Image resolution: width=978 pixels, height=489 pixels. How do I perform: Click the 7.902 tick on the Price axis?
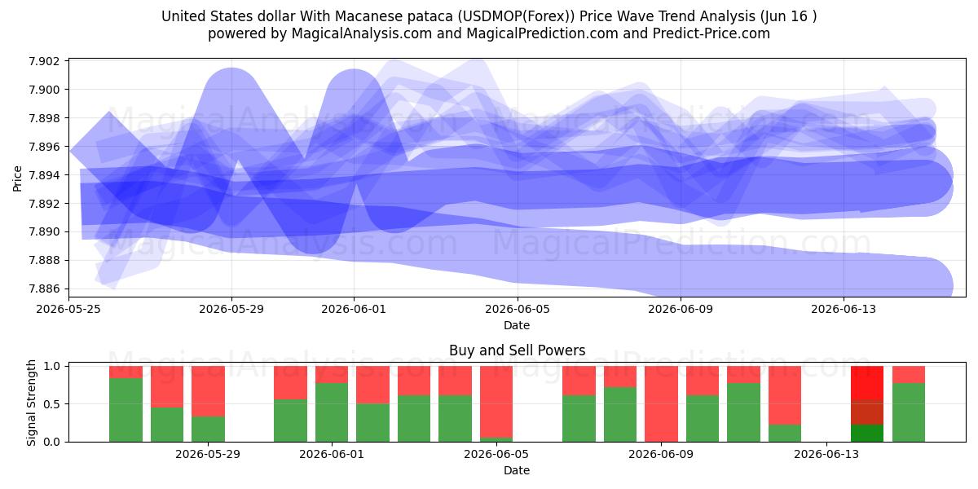[x=44, y=61]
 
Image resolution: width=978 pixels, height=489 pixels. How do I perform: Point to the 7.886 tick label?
[x=44, y=289]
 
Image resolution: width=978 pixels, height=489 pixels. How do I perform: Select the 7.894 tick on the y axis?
[x=44, y=175]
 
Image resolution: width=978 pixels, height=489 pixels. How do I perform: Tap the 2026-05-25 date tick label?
[x=68, y=309]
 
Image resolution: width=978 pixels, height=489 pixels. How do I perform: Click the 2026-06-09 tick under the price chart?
[x=681, y=309]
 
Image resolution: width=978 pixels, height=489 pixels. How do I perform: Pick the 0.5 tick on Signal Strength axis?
[x=52, y=404]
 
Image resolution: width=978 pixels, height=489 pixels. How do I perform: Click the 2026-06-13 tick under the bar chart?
[x=826, y=454]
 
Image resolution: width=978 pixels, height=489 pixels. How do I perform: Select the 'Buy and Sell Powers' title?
[x=518, y=350]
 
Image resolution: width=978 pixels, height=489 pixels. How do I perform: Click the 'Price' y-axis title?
[x=17, y=178]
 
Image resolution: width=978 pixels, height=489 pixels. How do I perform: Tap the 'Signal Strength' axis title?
[x=31, y=403]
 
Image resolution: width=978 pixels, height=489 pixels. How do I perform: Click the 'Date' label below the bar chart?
[x=517, y=470]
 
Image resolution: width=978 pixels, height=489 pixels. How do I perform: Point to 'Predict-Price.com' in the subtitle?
[x=711, y=33]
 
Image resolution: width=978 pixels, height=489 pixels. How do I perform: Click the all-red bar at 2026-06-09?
[x=662, y=404]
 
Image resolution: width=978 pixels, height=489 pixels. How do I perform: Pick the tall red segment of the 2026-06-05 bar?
[x=496, y=402]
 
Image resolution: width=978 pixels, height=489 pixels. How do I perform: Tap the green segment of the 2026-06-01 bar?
[x=332, y=412]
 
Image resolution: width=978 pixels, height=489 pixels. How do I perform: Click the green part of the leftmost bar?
[x=126, y=410]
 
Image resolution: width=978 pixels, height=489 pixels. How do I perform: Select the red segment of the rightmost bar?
[x=909, y=374]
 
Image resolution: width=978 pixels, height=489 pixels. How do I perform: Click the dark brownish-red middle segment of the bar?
[x=867, y=412]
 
